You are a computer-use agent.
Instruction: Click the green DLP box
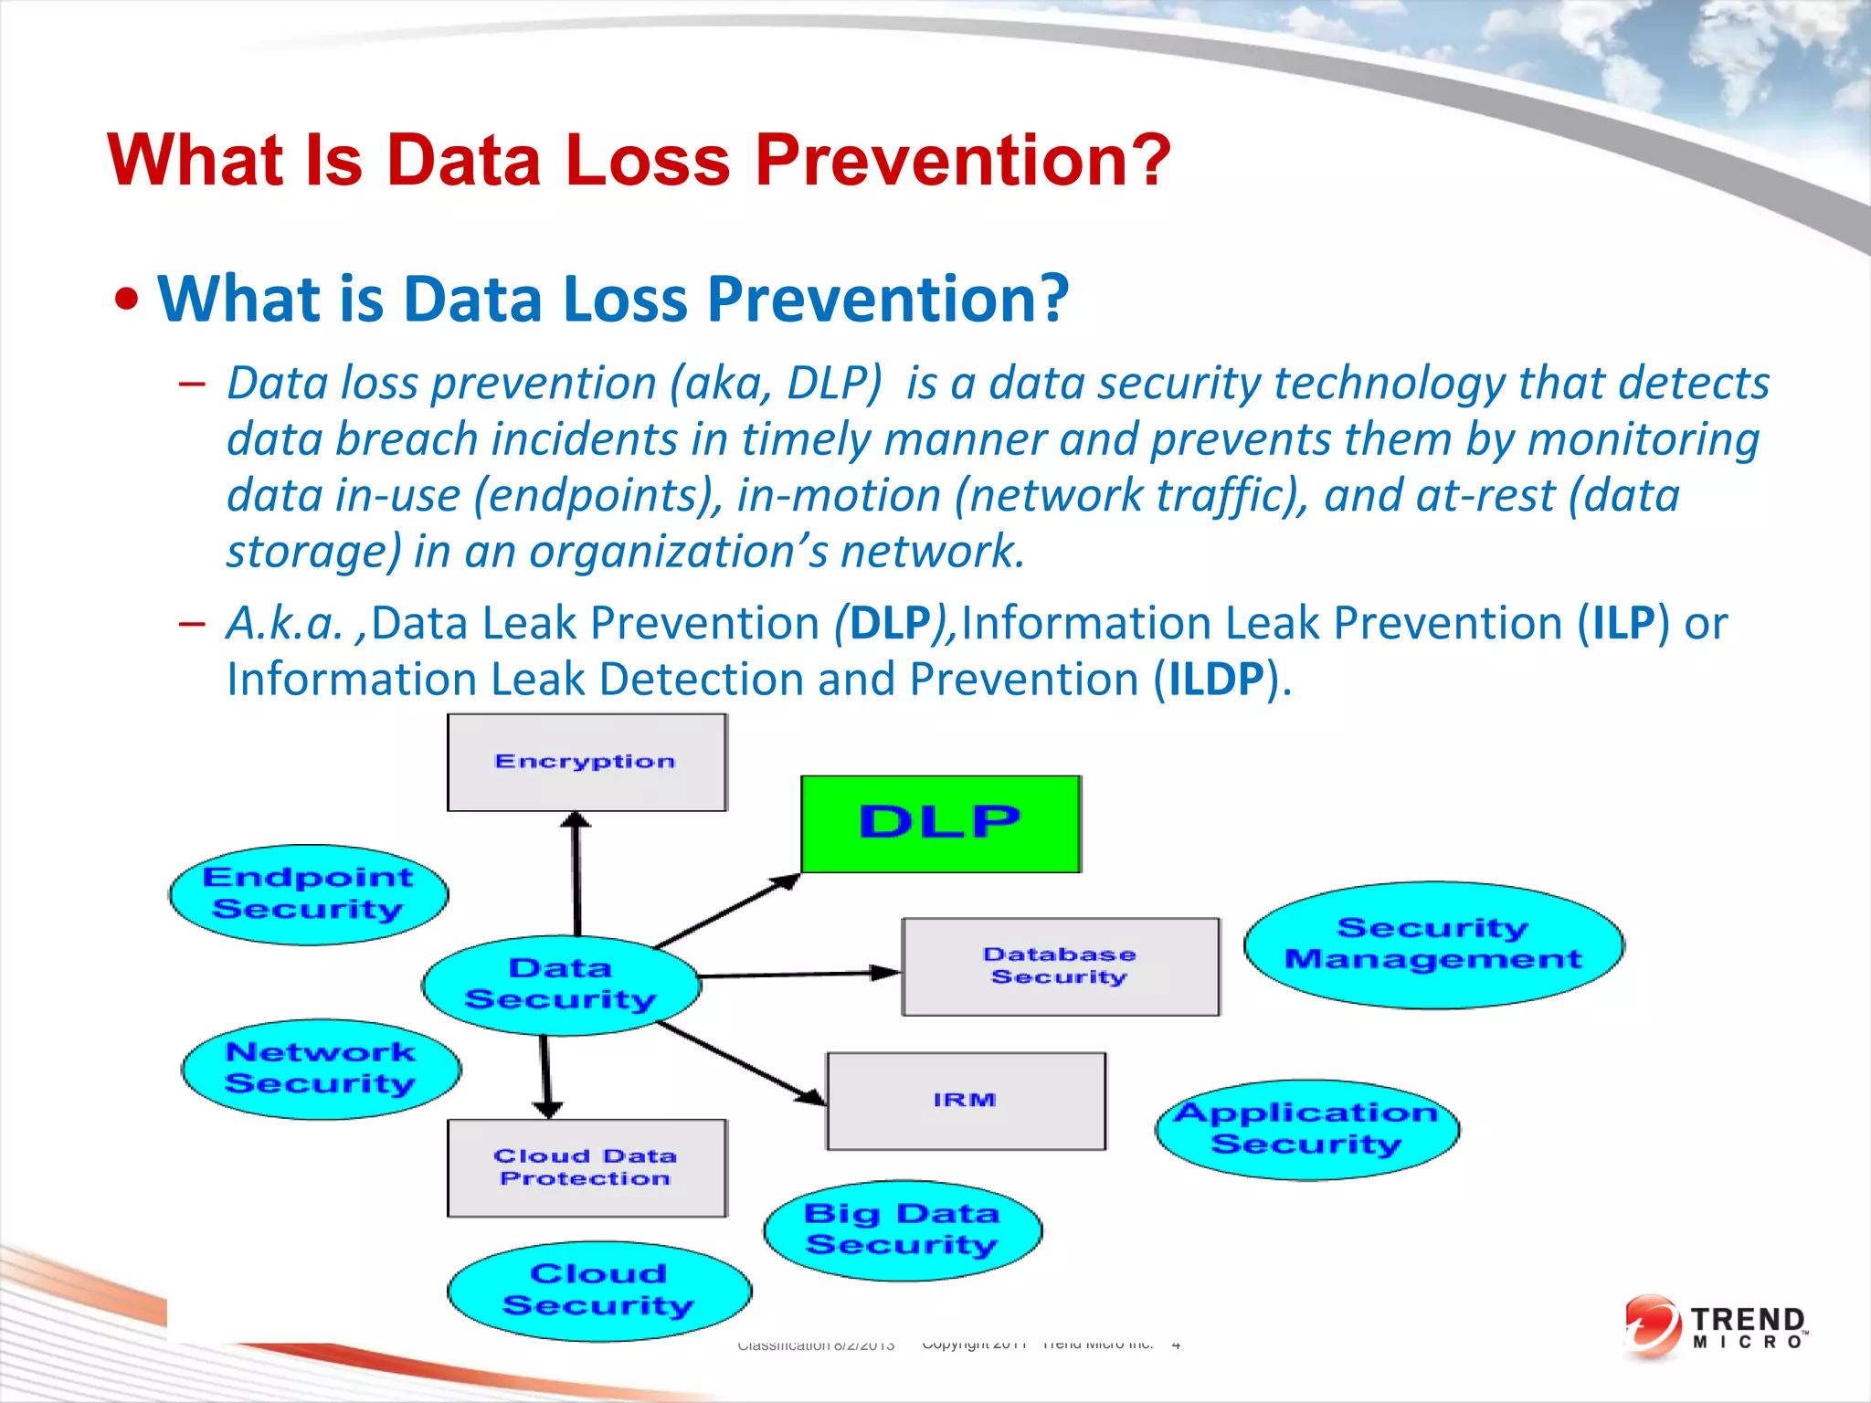[941, 824]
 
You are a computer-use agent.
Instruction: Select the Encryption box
[587, 763]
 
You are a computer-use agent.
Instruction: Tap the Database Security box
[1060, 966]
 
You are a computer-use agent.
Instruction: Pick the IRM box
[966, 1101]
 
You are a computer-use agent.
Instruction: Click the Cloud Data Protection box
[587, 1167]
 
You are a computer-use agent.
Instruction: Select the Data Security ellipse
[561, 985]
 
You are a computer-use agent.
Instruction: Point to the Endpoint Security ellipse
[309, 894]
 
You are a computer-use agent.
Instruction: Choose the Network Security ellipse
[321, 1069]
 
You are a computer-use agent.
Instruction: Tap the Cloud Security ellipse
[598, 1290]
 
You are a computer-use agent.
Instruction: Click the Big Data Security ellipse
[903, 1229]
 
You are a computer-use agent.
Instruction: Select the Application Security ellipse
[1306, 1129]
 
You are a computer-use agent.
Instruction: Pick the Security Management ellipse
[1432, 944]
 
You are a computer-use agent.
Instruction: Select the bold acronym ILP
[1623, 624]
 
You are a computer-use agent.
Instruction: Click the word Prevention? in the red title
[962, 161]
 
